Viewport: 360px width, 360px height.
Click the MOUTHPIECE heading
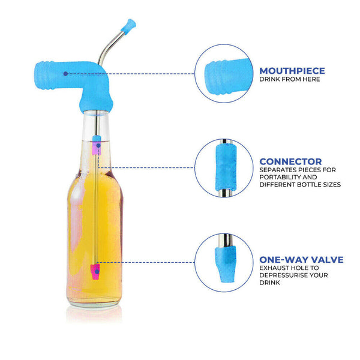click(292, 70)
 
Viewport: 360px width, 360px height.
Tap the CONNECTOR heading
click(290, 161)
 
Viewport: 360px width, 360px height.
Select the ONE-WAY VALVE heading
click(301, 260)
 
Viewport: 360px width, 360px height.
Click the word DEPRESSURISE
click(282, 276)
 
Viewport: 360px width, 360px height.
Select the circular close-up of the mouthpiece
click(223, 74)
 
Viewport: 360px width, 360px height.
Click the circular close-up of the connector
click(223, 167)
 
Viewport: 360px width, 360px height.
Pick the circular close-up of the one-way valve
click(223, 262)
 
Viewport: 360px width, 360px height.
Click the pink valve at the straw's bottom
click(95, 271)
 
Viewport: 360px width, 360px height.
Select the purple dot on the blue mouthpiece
click(65, 73)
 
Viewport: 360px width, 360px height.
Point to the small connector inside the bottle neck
click(95, 148)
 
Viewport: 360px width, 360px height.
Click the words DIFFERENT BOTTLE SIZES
click(300, 185)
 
